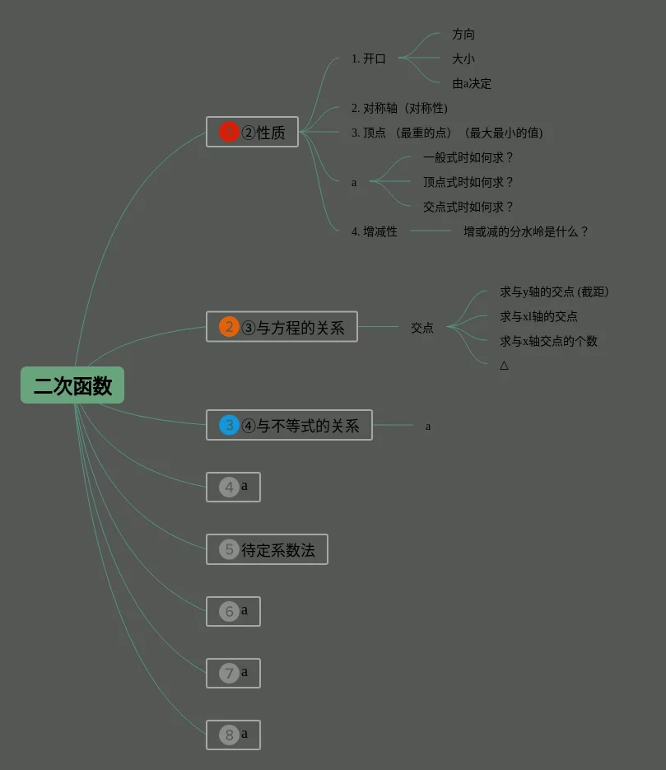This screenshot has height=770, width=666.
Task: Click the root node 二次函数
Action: pos(72,385)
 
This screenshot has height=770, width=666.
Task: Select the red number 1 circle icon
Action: pos(229,132)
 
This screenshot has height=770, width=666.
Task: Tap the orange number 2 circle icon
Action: pos(229,327)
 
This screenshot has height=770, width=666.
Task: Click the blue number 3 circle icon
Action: pos(229,425)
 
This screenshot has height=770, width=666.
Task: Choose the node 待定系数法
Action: pos(277,550)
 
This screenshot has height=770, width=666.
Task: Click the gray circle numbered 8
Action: pos(229,735)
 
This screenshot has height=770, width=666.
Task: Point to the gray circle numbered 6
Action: pos(229,611)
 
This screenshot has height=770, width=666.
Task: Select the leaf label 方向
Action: pos(463,35)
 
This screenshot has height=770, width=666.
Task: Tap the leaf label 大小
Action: pos(463,59)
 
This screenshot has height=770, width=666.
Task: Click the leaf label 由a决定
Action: pos(472,84)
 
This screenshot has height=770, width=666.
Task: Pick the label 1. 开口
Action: pos(368,59)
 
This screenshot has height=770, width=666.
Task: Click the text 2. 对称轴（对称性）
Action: pos(399,109)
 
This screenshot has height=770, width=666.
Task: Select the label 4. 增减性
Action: pos(374,232)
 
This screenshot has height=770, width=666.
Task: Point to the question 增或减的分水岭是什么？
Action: pos(526,232)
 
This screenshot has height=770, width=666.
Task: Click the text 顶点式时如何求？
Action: pos(468,183)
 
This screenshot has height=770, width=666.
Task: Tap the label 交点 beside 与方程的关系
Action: pos(422,328)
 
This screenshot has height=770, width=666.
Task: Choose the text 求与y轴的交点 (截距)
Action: pos(554,292)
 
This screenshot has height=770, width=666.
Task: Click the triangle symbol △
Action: pos(504,366)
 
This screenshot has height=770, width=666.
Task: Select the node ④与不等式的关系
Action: pos(300,426)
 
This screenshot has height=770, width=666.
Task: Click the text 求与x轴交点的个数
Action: pos(548,341)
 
